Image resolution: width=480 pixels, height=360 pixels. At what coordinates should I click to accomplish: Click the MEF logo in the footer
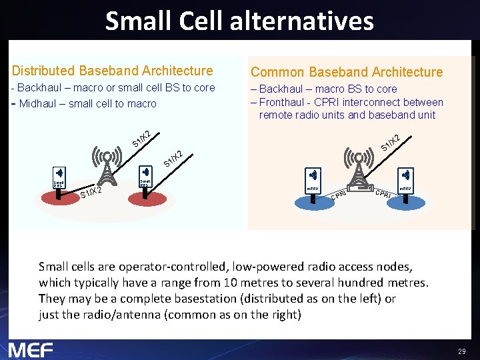pyautogui.click(x=31, y=349)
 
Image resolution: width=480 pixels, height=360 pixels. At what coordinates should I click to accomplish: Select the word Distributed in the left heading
pyautogui.click(x=43, y=71)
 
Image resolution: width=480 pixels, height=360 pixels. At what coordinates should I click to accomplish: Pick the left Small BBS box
pyautogui.click(x=59, y=183)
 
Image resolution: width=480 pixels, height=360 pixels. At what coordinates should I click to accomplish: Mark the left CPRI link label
pyautogui.click(x=339, y=195)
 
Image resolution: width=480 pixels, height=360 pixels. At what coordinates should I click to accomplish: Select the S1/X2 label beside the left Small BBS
pyautogui.click(x=91, y=193)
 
